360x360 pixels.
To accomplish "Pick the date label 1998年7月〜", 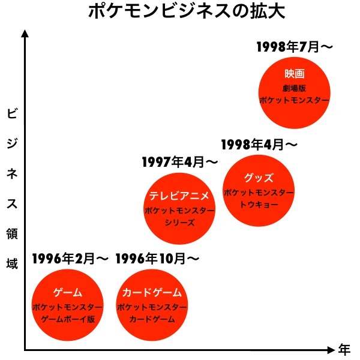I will pyautogui.click(x=294, y=47).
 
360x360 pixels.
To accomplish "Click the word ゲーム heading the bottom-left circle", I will pyautogui.click(x=68, y=293).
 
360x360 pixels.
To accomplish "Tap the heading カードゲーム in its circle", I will pyautogui.click(x=152, y=293).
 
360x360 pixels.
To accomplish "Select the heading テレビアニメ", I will pyautogui.click(x=179, y=196).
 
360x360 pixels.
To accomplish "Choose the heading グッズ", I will pyautogui.click(x=259, y=178).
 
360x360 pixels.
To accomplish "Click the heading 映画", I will pyautogui.click(x=295, y=74).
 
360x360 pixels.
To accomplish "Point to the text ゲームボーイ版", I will pyautogui.click(x=68, y=319).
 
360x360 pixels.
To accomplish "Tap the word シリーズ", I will pyautogui.click(x=179, y=223).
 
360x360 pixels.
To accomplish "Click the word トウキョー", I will pyautogui.click(x=259, y=205).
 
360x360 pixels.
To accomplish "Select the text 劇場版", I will pyautogui.click(x=295, y=88).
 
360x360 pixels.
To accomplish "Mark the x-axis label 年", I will pyautogui.click(x=344, y=349).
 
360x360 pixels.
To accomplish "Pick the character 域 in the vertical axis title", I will pyautogui.click(x=11, y=262).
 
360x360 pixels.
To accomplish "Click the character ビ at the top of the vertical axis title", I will pyautogui.click(x=11, y=113).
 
